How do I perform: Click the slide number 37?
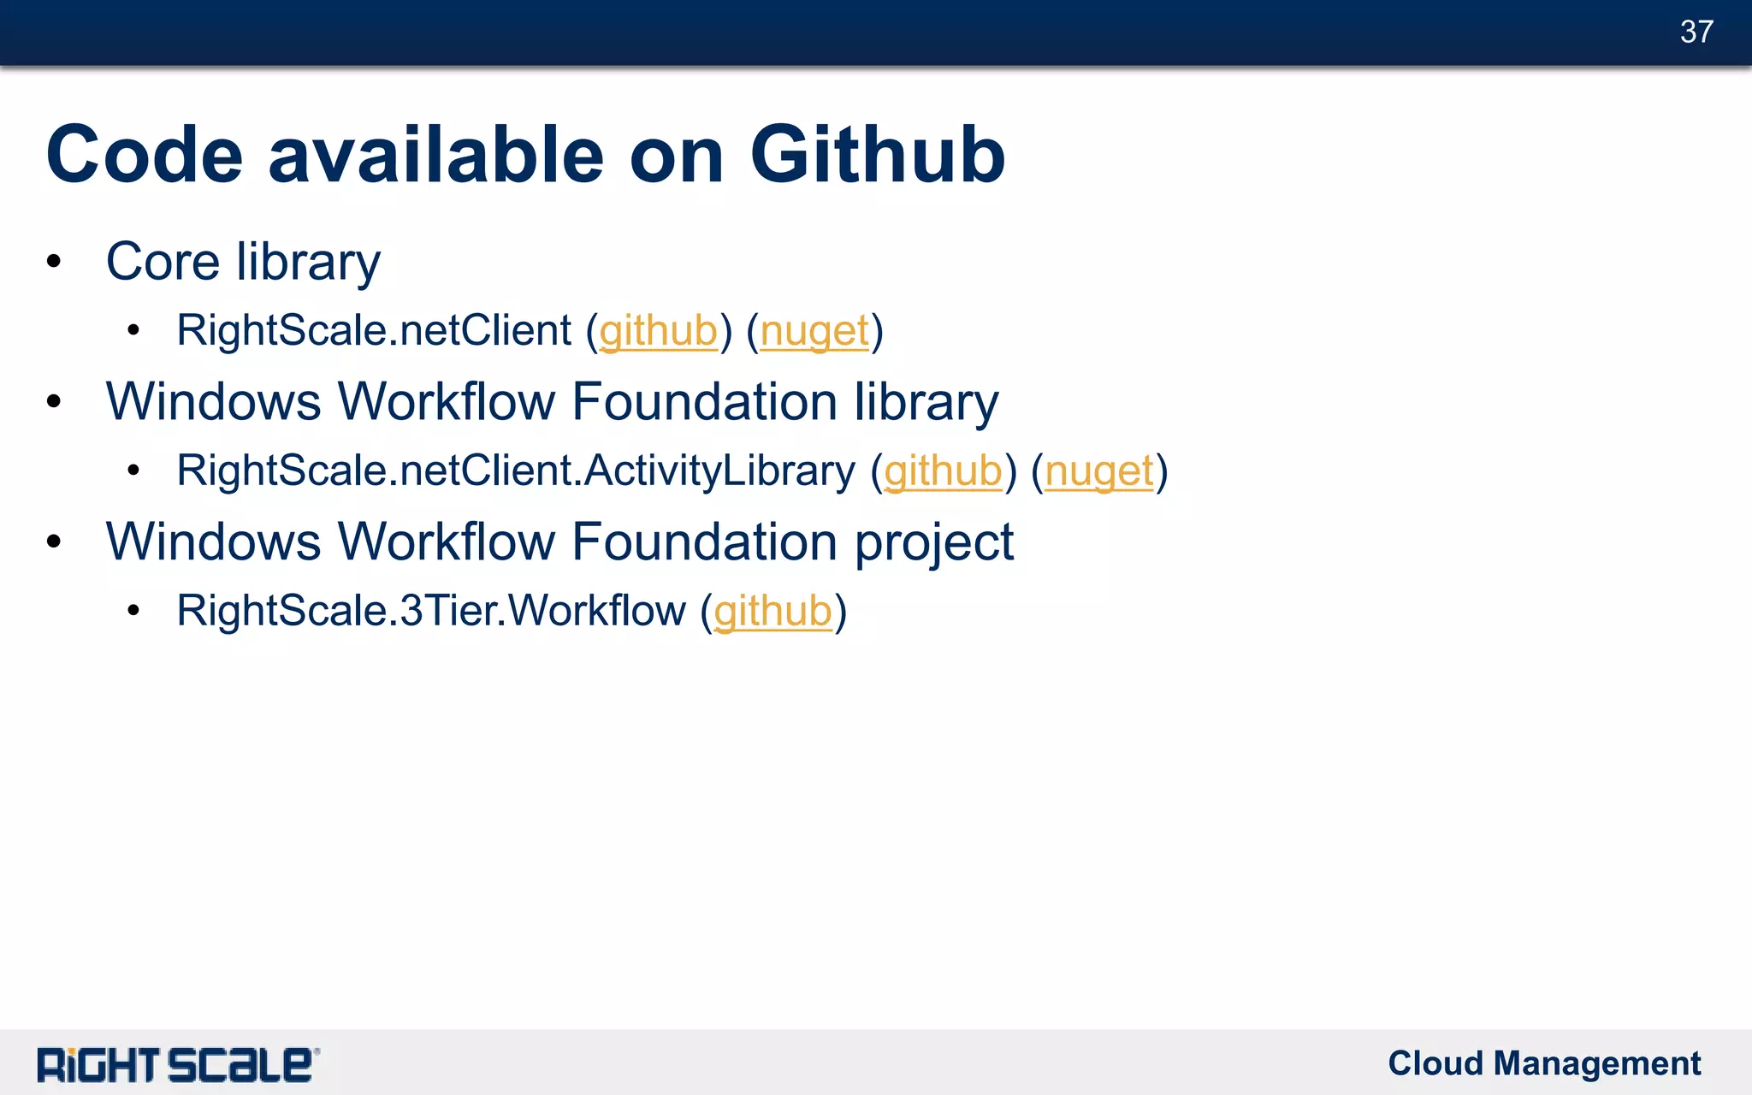point(1696,32)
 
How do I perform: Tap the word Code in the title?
point(145,155)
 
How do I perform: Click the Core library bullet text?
point(243,261)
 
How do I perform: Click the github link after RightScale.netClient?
point(658,331)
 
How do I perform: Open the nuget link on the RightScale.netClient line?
point(814,331)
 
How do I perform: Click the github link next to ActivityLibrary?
point(943,471)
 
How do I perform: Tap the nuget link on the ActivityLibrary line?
point(1099,471)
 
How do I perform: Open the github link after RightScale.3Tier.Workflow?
point(772,612)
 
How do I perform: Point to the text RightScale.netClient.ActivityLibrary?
point(516,471)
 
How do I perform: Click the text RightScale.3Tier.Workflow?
point(431,611)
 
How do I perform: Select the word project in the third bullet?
point(934,542)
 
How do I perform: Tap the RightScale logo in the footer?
point(177,1065)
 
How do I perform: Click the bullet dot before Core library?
point(54,263)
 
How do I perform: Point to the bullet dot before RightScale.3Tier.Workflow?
point(133,612)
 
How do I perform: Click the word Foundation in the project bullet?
point(704,542)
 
